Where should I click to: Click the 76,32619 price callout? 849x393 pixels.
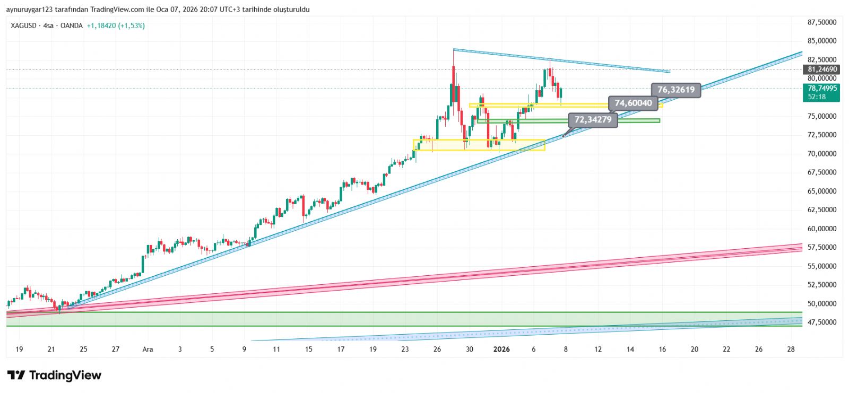coord(675,90)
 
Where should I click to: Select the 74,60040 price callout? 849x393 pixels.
coord(633,103)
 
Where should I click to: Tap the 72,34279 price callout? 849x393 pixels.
coord(593,119)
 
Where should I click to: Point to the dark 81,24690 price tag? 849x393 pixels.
coord(822,69)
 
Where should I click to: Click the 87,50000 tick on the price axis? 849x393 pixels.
coord(822,22)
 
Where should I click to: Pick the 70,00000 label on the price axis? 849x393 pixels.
coord(822,154)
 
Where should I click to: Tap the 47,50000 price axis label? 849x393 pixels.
coord(822,322)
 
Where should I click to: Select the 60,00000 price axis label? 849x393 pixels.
coord(822,229)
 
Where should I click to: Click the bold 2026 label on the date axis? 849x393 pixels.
coord(501,349)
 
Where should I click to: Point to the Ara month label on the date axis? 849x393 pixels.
coord(148,349)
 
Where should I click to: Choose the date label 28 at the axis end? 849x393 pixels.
coord(791,349)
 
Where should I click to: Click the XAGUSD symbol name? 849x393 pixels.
coord(23,25)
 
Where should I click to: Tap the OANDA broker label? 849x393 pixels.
coord(71,25)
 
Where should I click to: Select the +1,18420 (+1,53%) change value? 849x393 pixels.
coord(116,25)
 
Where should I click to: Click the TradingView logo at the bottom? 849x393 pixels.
coord(54,375)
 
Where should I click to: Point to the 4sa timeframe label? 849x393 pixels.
coord(48,25)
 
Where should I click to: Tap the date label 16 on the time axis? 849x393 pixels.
coord(662,349)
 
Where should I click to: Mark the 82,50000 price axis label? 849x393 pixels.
coord(822,59)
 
